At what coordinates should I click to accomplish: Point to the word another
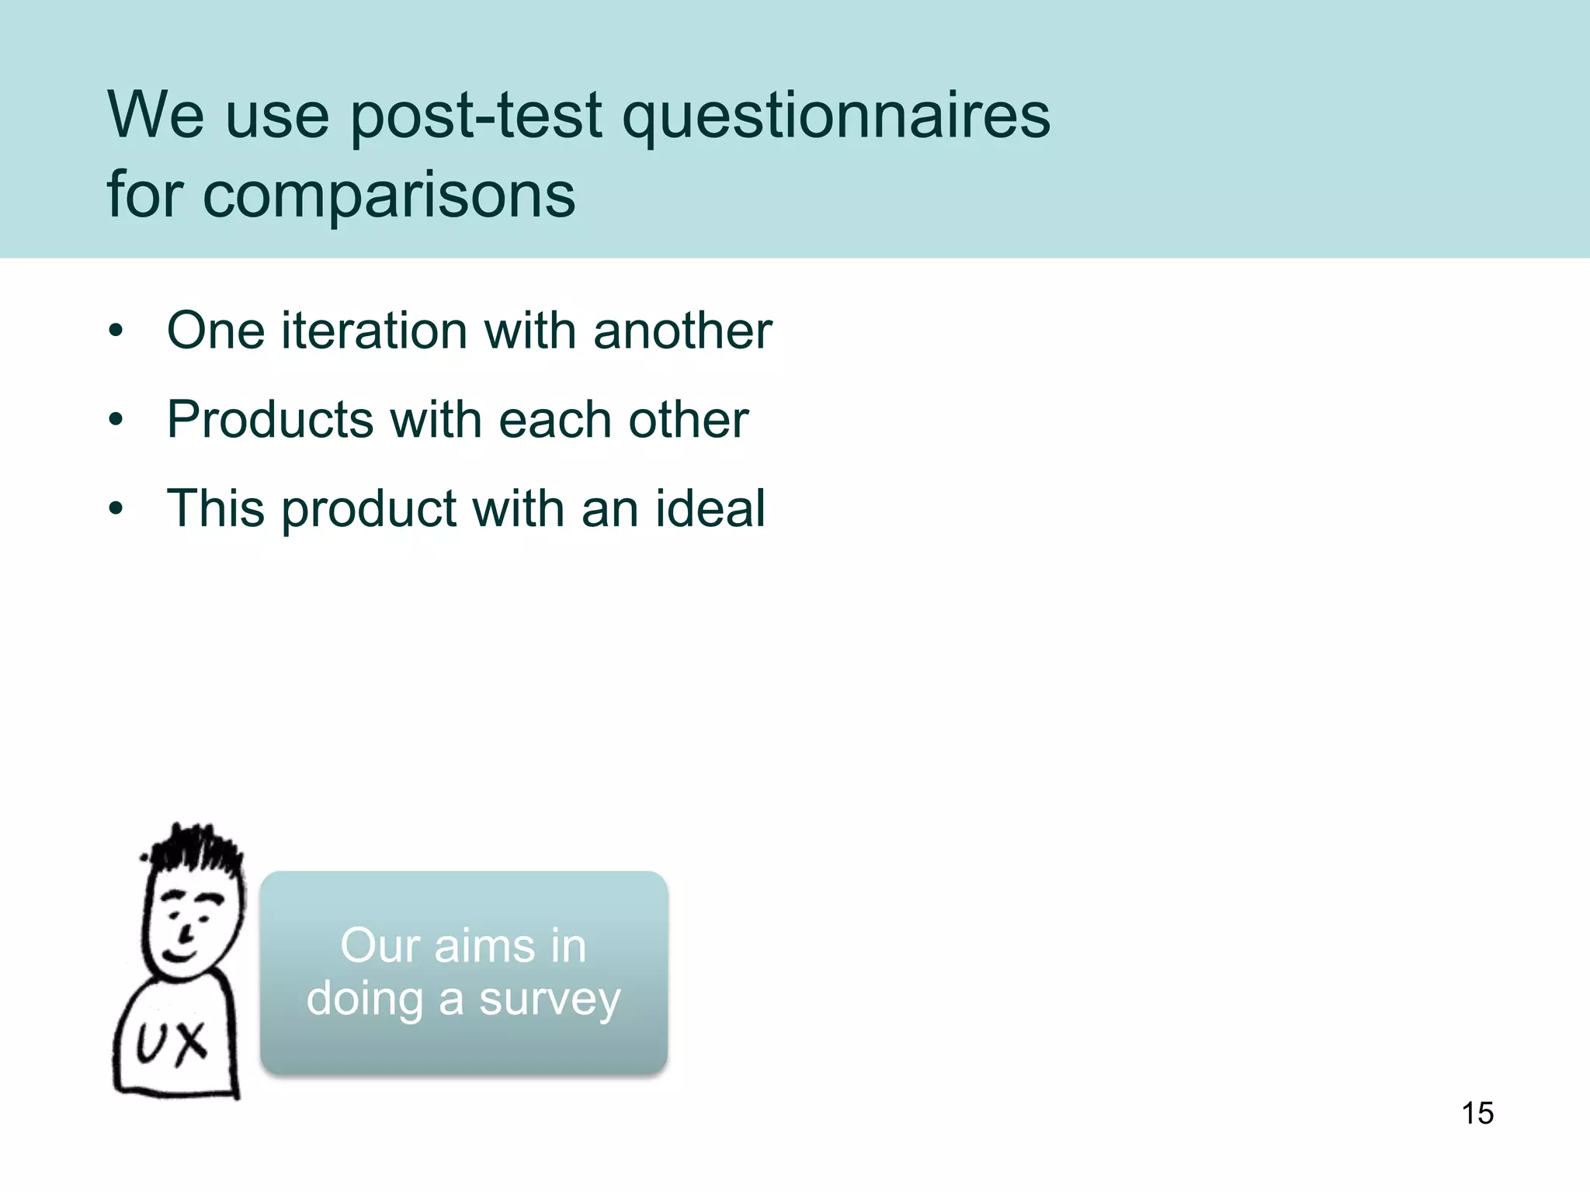pyautogui.click(x=682, y=331)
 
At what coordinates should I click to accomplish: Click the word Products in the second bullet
pyautogui.click(x=270, y=421)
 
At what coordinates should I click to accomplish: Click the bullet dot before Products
pyautogui.click(x=116, y=421)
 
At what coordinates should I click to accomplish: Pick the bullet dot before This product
pyautogui.click(x=116, y=510)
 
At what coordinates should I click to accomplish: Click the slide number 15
pyautogui.click(x=1477, y=1113)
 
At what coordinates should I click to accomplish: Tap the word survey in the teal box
pyautogui.click(x=550, y=1000)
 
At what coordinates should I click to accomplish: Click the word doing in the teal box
pyautogui.click(x=364, y=1000)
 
